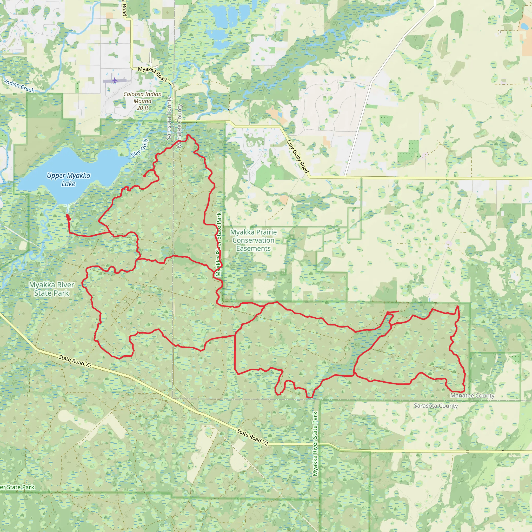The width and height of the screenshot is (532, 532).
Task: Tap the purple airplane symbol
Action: pyautogui.click(x=115, y=81)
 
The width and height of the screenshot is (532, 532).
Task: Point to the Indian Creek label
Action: pyautogui.click(x=19, y=86)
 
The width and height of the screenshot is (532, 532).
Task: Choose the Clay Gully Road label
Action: pyautogui.click(x=298, y=157)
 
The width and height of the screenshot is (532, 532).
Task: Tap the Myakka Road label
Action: pyautogui.click(x=152, y=74)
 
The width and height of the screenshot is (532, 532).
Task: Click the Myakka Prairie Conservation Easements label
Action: pyautogui.click(x=253, y=240)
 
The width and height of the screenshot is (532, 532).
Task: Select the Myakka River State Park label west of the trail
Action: pyautogui.click(x=51, y=289)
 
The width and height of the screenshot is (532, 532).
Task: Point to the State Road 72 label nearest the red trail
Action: pyautogui.click(x=75, y=361)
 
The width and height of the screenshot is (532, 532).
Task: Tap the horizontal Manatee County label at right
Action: pyautogui.click(x=472, y=395)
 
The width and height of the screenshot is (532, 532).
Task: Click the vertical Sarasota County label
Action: pyautogui.click(x=169, y=118)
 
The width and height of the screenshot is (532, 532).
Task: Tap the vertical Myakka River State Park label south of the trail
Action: pyautogui.click(x=315, y=444)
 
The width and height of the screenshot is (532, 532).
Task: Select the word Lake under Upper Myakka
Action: pyautogui.click(x=69, y=184)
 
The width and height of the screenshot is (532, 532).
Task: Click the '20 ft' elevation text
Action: pyautogui.click(x=142, y=108)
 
